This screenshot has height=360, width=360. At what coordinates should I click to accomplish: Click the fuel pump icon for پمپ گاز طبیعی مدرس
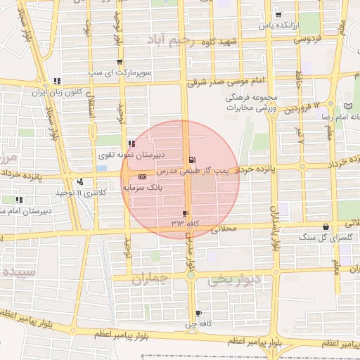click(193, 160)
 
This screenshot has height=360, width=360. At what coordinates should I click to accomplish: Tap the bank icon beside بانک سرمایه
click(143, 176)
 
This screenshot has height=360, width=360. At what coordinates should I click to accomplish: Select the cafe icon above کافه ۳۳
click(185, 212)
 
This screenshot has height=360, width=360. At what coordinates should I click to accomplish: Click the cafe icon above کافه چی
click(198, 313)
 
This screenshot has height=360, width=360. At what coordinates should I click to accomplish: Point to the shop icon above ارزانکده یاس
click(278, 15)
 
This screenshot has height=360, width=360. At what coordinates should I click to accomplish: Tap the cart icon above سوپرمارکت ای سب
click(120, 62)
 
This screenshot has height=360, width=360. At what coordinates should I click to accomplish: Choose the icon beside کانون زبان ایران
click(57, 81)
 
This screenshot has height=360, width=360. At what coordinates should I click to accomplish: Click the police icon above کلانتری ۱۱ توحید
click(81, 181)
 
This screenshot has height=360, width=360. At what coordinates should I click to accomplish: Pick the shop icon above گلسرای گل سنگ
click(326, 226)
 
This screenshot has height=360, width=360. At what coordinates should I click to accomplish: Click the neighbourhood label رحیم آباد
click(179, 40)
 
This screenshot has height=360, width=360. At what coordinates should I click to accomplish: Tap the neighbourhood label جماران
click(151, 280)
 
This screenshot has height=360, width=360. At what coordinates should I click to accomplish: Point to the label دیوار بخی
click(234, 280)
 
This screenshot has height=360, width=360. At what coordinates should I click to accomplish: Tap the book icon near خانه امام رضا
click(348, 105)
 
